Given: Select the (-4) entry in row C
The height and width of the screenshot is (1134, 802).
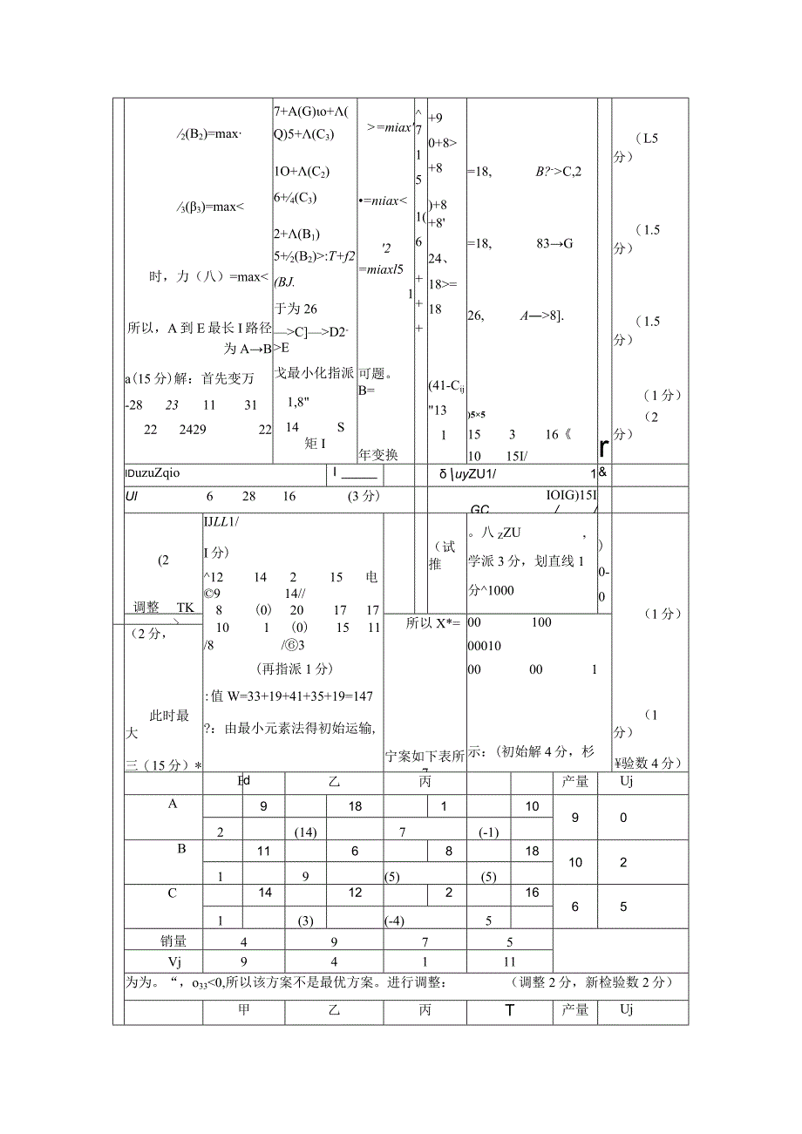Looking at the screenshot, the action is click(x=397, y=920).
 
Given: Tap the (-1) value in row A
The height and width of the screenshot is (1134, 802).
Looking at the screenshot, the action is click(x=488, y=832).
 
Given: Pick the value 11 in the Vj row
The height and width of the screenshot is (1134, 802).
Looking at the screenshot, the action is click(x=510, y=962).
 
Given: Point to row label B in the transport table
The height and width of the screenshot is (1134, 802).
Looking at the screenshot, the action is click(x=181, y=848).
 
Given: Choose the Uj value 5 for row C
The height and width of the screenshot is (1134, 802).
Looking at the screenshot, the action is click(x=623, y=907).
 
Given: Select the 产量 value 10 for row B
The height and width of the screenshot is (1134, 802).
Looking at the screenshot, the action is click(x=575, y=862).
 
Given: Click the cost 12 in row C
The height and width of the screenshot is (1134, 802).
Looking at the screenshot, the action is click(x=355, y=893).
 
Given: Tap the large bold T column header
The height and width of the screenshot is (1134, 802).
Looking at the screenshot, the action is click(x=510, y=1011).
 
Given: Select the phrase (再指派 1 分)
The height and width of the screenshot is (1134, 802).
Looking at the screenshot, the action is click(x=295, y=669).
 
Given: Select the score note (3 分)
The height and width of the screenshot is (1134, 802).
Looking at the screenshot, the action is click(x=362, y=496).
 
